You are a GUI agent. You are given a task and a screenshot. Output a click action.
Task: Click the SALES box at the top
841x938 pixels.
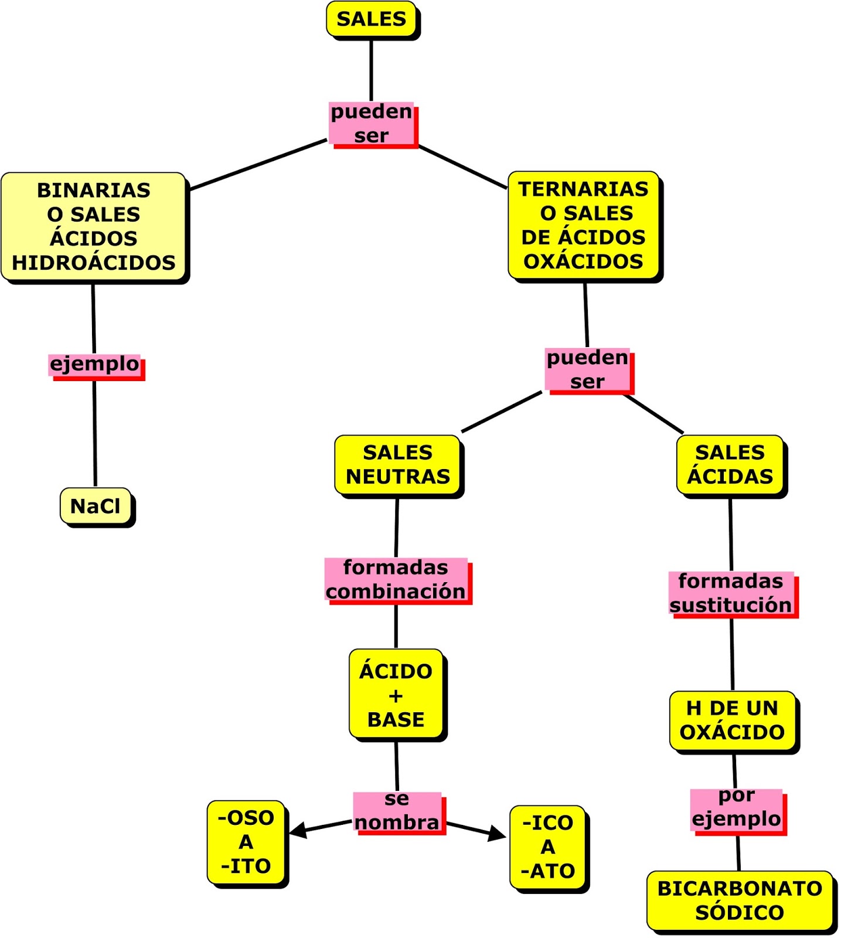coord(371,19)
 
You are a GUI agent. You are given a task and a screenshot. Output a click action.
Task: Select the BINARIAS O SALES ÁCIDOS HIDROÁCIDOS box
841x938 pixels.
coord(94,226)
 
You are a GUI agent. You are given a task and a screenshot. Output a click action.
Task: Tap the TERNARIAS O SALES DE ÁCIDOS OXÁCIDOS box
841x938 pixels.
coord(584,225)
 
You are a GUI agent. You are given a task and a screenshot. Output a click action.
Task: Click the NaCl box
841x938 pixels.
coord(96,505)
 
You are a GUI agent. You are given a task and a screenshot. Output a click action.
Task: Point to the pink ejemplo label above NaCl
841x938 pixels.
coord(95,365)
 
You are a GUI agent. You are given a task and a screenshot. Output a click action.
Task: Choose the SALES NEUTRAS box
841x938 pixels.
coord(398,464)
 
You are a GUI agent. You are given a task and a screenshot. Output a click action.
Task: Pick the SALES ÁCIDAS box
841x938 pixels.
coord(730,464)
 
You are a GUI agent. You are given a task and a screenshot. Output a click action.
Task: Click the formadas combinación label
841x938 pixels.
coord(396,579)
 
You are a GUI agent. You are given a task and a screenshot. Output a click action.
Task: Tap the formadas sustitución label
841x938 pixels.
coord(731,593)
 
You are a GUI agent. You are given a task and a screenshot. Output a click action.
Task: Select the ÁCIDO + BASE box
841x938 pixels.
coord(396,695)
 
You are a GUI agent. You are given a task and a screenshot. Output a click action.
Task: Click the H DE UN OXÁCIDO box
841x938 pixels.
coord(733,720)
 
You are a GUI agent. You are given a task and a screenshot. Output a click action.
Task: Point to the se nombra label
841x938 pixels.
coord(397,811)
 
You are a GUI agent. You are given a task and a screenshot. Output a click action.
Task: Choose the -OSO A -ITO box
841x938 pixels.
coord(246,842)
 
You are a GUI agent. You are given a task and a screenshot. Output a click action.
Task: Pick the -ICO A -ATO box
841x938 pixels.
coord(548,847)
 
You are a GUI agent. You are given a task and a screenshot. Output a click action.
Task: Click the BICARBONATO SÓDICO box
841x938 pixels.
coord(740,900)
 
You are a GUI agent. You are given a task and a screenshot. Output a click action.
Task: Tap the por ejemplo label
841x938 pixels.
coord(737,808)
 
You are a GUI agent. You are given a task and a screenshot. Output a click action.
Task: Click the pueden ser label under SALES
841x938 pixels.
coord(372,123)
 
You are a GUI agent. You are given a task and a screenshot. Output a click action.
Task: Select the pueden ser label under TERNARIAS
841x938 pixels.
coord(587,369)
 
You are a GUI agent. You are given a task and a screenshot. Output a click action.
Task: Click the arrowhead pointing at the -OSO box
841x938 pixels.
coord(298,830)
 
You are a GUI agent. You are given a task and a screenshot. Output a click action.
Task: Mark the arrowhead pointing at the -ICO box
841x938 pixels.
coord(498,834)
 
